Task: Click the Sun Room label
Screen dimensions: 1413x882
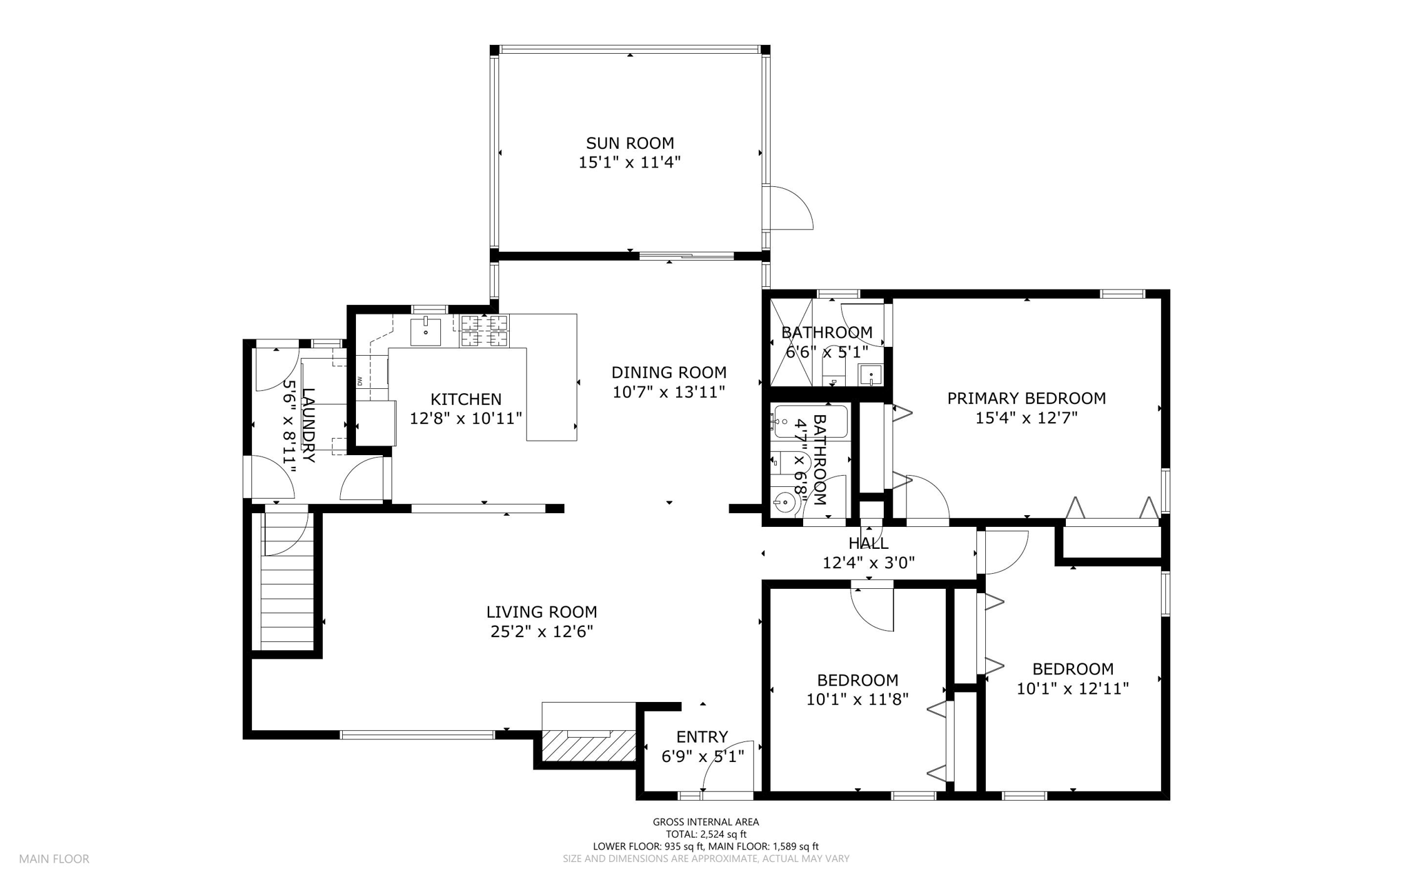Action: tap(630, 143)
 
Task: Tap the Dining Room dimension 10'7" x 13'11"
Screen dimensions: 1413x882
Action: tap(669, 392)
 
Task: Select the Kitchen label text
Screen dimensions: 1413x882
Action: tap(466, 399)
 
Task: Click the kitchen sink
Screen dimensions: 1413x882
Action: tap(426, 332)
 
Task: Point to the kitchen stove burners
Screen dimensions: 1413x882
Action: tap(484, 330)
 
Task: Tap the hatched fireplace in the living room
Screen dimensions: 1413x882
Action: tap(589, 745)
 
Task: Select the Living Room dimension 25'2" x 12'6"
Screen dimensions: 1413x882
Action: tap(542, 632)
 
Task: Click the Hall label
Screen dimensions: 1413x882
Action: tap(869, 543)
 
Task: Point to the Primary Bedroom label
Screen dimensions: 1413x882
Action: tap(1026, 399)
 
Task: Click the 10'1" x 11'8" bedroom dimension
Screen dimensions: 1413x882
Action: tap(858, 699)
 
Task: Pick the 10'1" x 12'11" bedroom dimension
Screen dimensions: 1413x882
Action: tap(1073, 688)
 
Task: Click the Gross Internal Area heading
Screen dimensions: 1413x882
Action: tap(706, 822)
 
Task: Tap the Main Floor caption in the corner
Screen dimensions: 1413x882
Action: tap(54, 859)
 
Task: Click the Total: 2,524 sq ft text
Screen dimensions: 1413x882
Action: tap(706, 834)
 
